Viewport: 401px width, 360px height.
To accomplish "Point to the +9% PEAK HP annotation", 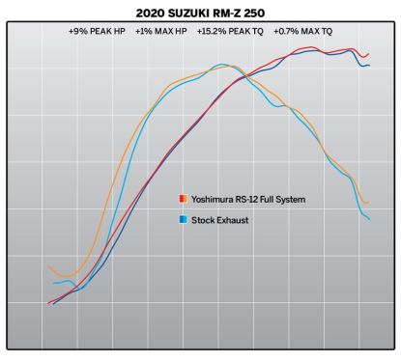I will click(x=98, y=32).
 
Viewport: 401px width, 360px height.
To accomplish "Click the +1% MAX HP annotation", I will click(x=161, y=32).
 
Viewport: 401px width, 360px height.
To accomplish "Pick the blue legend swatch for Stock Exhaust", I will click(x=183, y=220).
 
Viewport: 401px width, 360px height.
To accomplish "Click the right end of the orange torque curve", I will click(x=369, y=202).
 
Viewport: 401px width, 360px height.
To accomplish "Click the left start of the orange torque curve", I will click(x=48, y=266).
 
